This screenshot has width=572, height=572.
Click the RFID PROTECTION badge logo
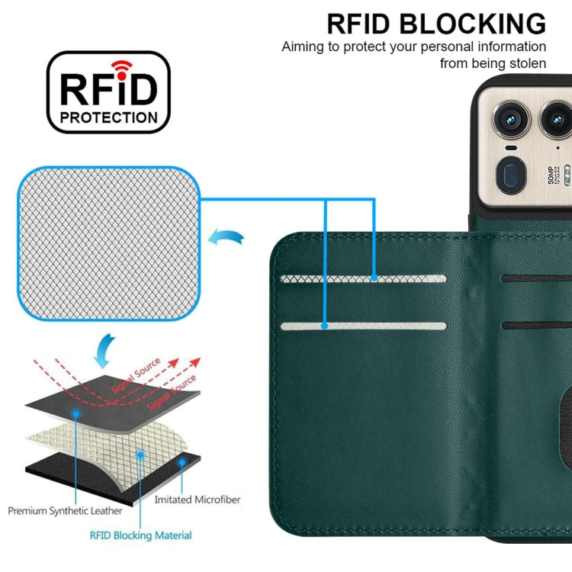(x=108, y=92)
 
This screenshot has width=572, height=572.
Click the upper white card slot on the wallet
(x=364, y=278)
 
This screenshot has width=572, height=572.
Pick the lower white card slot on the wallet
(x=364, y=326)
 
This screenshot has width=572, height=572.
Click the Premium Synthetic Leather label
(x=66, y=510)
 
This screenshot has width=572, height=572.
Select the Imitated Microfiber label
(x=197, y=500)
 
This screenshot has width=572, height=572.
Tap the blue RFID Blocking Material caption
(x=140, y=535)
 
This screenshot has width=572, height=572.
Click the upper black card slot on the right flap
(x=537, y=278)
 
